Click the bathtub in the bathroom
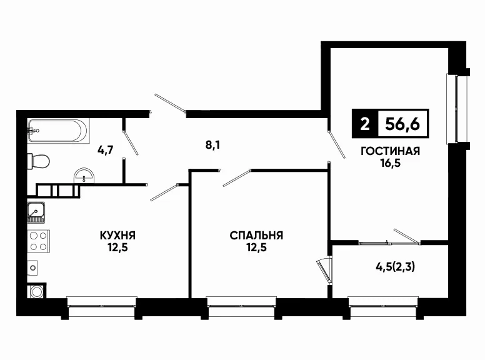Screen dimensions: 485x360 pyautogui.click(x=58, y=131)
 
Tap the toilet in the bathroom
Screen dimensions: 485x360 pyautogui.click(x=38, y=161)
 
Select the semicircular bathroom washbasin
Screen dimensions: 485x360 pyautogui.click(x=84, y=176)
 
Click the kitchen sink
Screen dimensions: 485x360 pyautogui.click(x=36, y=212)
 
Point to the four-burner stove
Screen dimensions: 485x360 pyautogui.click(x=38, y=241)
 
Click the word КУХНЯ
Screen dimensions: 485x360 pyautogui.click(x=117, y=236)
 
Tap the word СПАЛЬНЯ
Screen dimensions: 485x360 pyautogui.click(x=256, y=236)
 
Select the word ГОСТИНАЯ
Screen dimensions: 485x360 pyautogui.click(x=391, y=151)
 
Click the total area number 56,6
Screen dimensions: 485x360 pyautogui.click(x=402, y=124)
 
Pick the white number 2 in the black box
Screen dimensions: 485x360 pyautogui.click(x=365, y=124)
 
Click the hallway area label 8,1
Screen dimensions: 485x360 pyautogui.click(x=212, y=145)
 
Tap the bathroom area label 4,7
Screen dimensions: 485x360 pyautogui.click(x=106, y=150)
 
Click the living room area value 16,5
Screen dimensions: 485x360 pyautogui.click(x=391, y=163)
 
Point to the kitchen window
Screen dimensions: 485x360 pyautogui.click(x=102, y=306)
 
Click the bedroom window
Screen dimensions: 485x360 pyautogui.click(x=241, y=306)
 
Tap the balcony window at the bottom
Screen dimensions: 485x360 pyautogui.click(x=383, y=306)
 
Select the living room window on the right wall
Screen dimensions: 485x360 pyautogui.click(x=456, y=109)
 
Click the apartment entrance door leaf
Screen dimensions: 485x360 pyautogui.click(x=170, y=102)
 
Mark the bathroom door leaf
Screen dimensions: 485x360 pyautogui.click(x=130, y=142)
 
